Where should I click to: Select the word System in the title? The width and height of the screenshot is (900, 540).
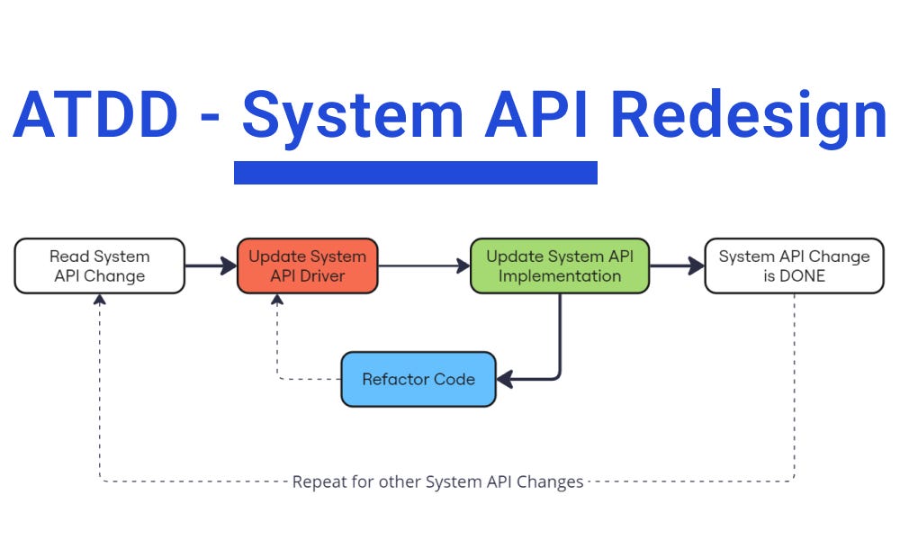[x=352, y=115]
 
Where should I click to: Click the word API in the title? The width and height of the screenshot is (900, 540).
[x=539, y=115]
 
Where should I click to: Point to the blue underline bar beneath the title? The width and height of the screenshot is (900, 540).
[x=415, y=172]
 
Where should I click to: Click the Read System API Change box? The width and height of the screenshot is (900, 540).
[x=99, y=265]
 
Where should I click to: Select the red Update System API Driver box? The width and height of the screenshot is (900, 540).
[x=307, y=265]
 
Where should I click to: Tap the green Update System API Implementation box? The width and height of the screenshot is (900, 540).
[x=559, y=265]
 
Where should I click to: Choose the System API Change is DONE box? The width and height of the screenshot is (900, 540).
[x=794, y=265]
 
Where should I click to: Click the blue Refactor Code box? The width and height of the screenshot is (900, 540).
[x=418, y=379]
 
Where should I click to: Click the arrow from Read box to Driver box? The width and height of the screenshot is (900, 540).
[x=211, y=265]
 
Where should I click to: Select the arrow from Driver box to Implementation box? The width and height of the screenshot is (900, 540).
[x=423, y=265]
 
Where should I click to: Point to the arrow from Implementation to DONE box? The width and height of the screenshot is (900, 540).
[x=676, y=265]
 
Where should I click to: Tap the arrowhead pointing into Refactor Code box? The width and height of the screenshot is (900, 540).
[x=505, y=379]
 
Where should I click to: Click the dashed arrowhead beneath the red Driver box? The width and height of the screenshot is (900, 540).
[x=277, y=300]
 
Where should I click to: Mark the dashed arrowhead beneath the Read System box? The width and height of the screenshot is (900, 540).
[x=99, y=300]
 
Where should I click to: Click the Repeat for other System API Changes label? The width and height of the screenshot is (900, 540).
[x=437, y=481]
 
